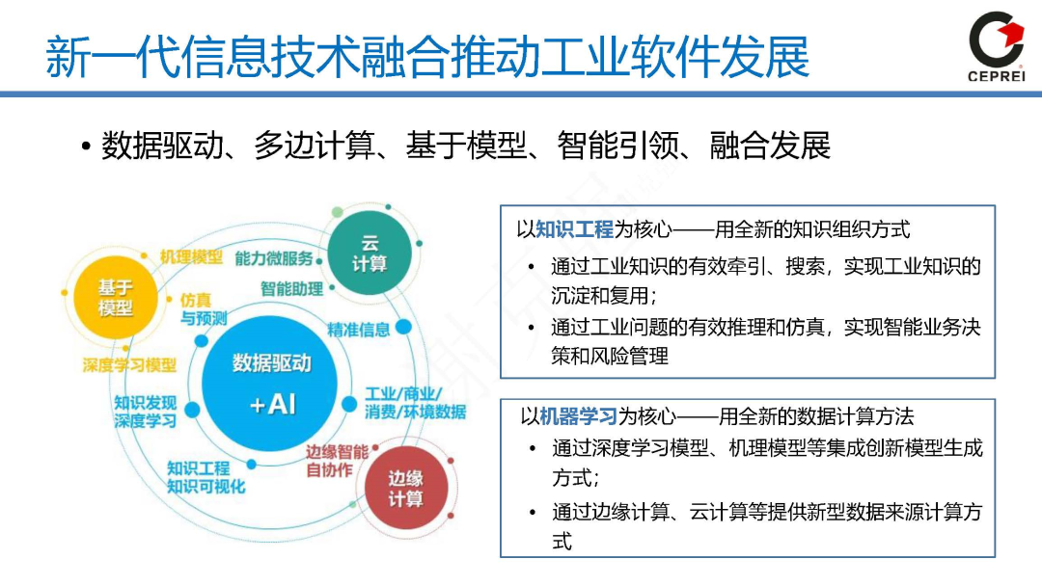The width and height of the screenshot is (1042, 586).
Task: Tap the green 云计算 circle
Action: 369,253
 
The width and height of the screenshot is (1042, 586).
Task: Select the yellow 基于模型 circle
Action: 115,298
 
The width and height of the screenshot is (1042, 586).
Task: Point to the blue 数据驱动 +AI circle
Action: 271,383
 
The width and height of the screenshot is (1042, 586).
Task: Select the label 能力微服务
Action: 274,257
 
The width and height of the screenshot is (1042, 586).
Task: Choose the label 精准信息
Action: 358,330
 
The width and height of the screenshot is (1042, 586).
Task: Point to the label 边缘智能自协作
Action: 336,461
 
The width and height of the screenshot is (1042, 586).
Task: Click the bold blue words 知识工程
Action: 574,229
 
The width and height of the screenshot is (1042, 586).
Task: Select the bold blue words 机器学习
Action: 577,416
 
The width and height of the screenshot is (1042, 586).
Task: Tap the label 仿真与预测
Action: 203,308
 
